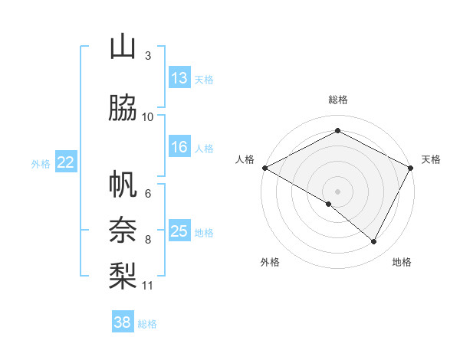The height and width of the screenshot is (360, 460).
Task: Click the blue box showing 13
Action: point(179,77)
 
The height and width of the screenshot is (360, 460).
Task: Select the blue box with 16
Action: point(179,147)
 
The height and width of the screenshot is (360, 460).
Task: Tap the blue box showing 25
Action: point(179,231)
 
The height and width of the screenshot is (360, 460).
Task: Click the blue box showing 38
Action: point(123,322)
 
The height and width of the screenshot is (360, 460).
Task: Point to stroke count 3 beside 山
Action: point(147,56)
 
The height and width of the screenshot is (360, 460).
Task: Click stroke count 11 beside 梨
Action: point(148,286)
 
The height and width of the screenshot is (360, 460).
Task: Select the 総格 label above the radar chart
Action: point(338,100)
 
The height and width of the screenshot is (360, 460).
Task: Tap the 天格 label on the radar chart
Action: point(431,159)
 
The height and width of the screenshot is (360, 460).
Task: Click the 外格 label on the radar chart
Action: point(270,262)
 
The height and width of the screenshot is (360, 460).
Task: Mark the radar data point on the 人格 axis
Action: point(264,168)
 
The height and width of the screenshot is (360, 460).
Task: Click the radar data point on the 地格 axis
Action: point(374,242)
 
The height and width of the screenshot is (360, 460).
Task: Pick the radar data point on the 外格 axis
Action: point(329,204)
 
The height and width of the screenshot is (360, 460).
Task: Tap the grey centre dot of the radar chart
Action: point(338,191)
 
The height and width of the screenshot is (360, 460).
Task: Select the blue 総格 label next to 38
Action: point(147,324)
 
